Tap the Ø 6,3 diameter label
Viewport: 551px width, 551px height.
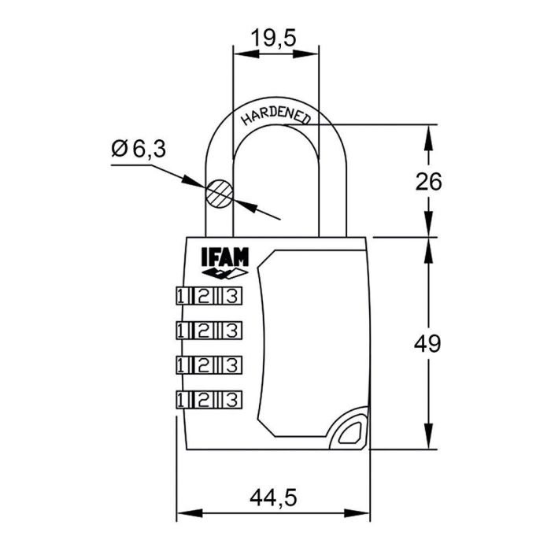pos(139,149)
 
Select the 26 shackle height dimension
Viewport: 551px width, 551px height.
pos(429,181)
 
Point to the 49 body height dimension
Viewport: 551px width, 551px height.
pos(429,343)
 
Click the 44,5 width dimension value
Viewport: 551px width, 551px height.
pos(271,498)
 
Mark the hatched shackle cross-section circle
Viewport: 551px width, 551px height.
pos(220,193)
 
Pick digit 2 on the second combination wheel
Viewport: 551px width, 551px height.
pos(205,328)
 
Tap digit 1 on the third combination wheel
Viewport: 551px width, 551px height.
pos(182,364)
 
